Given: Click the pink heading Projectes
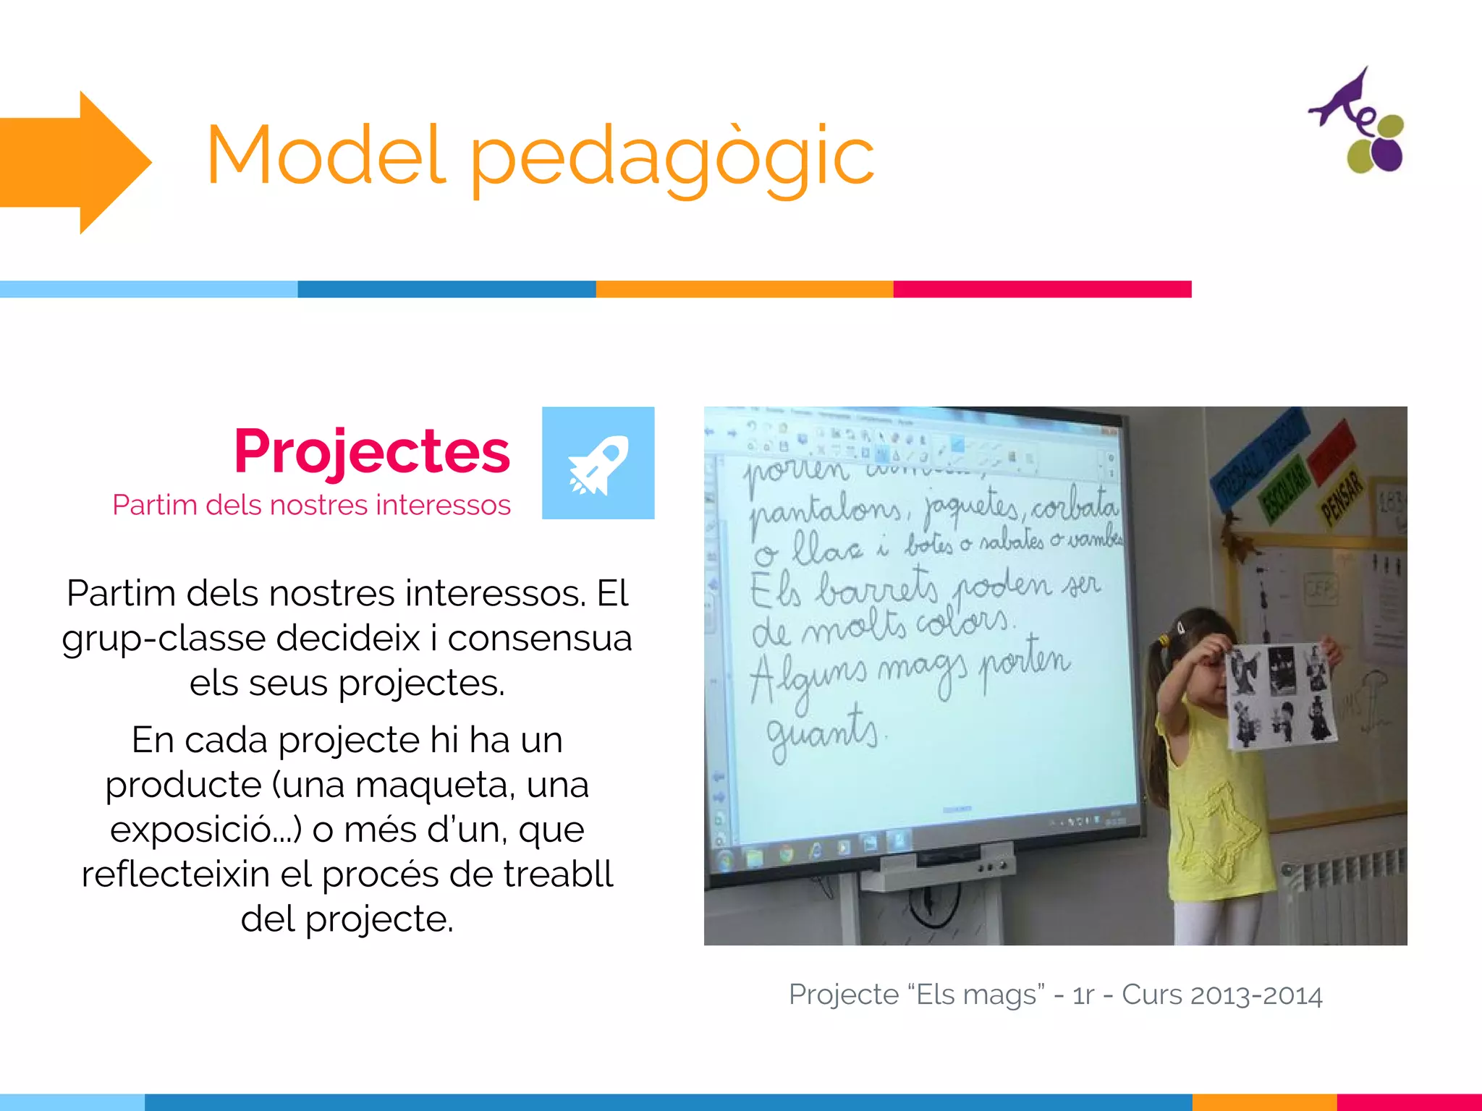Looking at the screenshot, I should (x=372, y=451).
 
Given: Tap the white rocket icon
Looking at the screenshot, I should (x=598, y=464).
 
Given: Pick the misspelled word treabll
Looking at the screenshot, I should (x=558, y=874).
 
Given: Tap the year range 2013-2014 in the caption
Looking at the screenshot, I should (x=1256, y=995).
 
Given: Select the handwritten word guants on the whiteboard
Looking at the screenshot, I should (x=822, y=731).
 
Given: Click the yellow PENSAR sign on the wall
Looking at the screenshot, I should (x=1342, y=496).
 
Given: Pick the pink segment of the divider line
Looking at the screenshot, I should (x=1042, y=289).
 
